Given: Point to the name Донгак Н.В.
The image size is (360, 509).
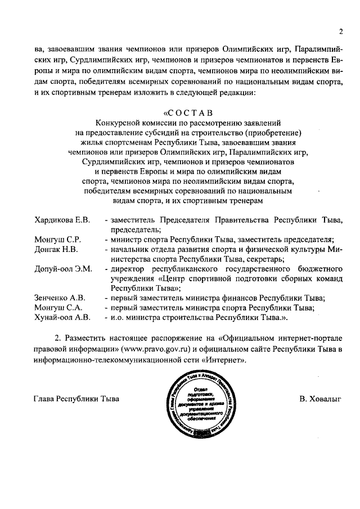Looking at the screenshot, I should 55,249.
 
